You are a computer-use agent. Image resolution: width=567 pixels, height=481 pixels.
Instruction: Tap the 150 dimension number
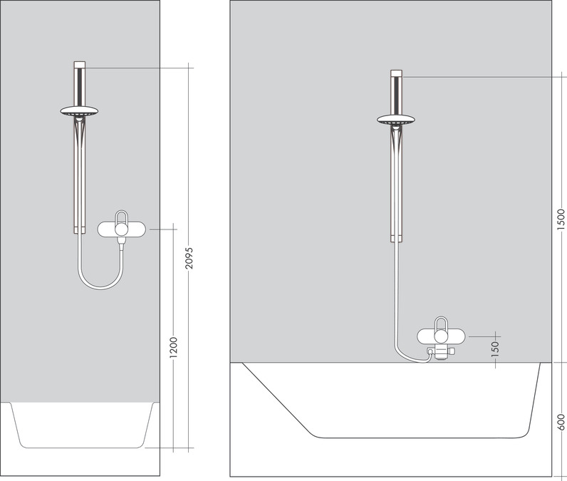pos(495,348)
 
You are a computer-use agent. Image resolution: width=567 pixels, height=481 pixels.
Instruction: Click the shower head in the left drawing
pos(78,112)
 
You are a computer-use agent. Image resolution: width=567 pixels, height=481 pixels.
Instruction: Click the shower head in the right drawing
pos(395,119)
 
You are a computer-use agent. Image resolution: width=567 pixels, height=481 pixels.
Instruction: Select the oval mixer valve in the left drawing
pos(123,229)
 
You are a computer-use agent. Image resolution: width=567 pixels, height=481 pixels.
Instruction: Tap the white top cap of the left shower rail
pos(79,66)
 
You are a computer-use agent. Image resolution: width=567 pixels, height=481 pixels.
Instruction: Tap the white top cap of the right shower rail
pos(396,73)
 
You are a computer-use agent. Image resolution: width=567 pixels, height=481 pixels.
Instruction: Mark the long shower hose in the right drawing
pos(394,306)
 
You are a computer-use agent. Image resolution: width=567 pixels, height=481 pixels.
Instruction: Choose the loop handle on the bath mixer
pos(442,325)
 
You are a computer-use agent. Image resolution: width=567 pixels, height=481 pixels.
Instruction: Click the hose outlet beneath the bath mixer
pos(432,353)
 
